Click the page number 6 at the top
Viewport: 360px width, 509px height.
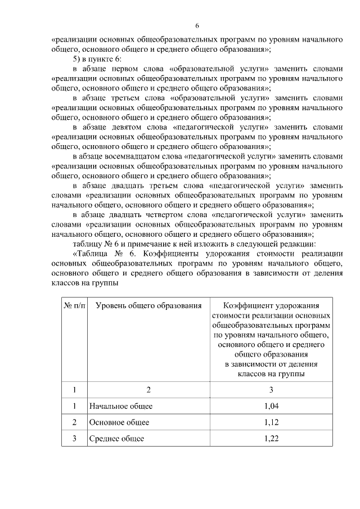[x=197, y=26]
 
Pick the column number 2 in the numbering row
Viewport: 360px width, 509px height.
[x=148, y=389]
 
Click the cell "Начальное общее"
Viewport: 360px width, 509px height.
[x=121, y=406]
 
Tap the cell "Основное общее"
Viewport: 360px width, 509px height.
[x=119, y=422]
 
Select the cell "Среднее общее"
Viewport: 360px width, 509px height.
[x=116, y=439]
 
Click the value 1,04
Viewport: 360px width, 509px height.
[x=271, y=406]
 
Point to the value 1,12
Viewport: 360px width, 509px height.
[x=271, y=422]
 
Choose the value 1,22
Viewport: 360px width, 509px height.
[x=271, y=439]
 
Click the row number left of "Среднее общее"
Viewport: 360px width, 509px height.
[x=74, y=439]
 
